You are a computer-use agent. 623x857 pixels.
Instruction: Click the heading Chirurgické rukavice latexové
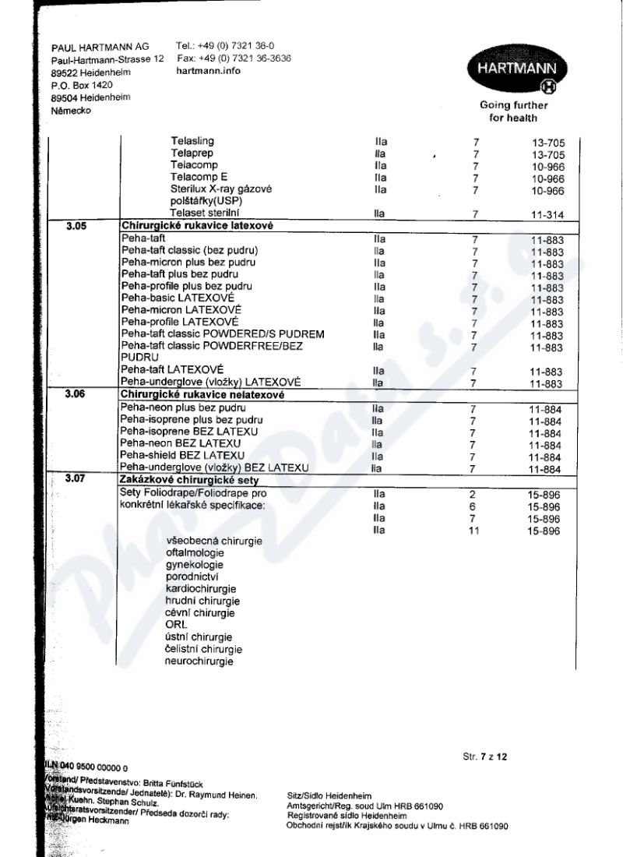tap(192, 227)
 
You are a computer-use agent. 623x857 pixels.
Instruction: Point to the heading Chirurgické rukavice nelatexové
tap(199, 395)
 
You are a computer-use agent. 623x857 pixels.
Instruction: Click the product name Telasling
tap(192, 142)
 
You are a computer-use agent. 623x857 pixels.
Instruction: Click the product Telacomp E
tap(199, 178)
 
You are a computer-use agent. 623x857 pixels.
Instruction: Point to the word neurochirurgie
tap(199, 661)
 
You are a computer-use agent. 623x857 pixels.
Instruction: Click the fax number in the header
tap(234, 58)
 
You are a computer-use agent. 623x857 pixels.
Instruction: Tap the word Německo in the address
tap(71, 111)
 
